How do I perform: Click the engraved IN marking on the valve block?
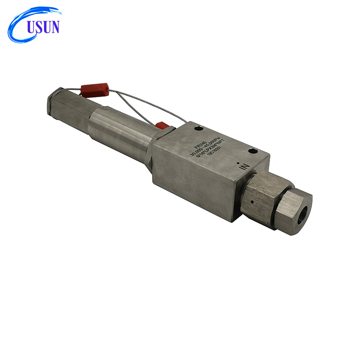coord(244,166)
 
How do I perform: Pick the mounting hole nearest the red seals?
coord(198,129)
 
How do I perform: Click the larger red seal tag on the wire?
coord(95,88)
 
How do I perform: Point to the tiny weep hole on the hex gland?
coord(253,202)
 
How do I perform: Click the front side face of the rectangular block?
coord(193,180)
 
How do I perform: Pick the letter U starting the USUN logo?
coord(31,27)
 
